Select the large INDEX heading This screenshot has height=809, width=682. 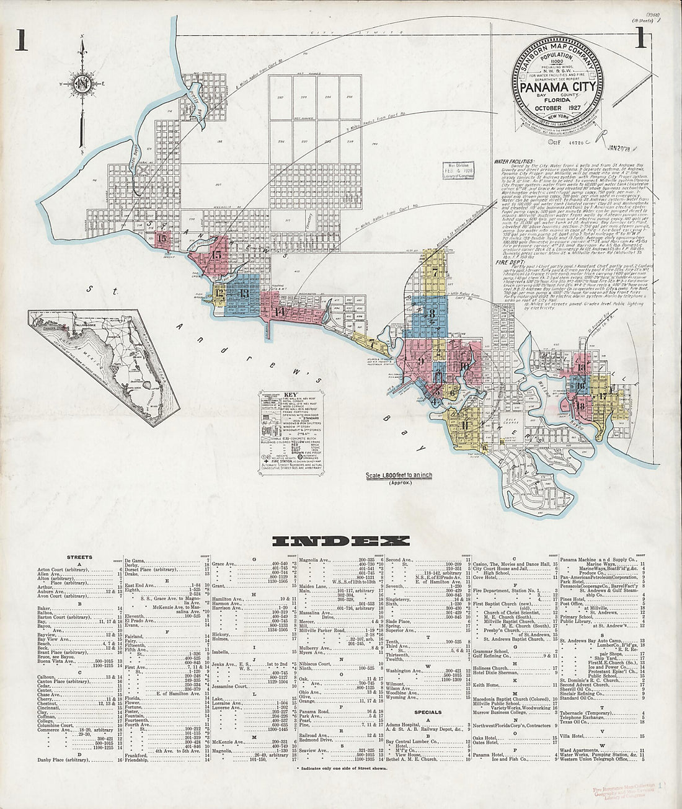coord(341,541)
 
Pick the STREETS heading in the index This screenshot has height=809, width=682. coord(79,557)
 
